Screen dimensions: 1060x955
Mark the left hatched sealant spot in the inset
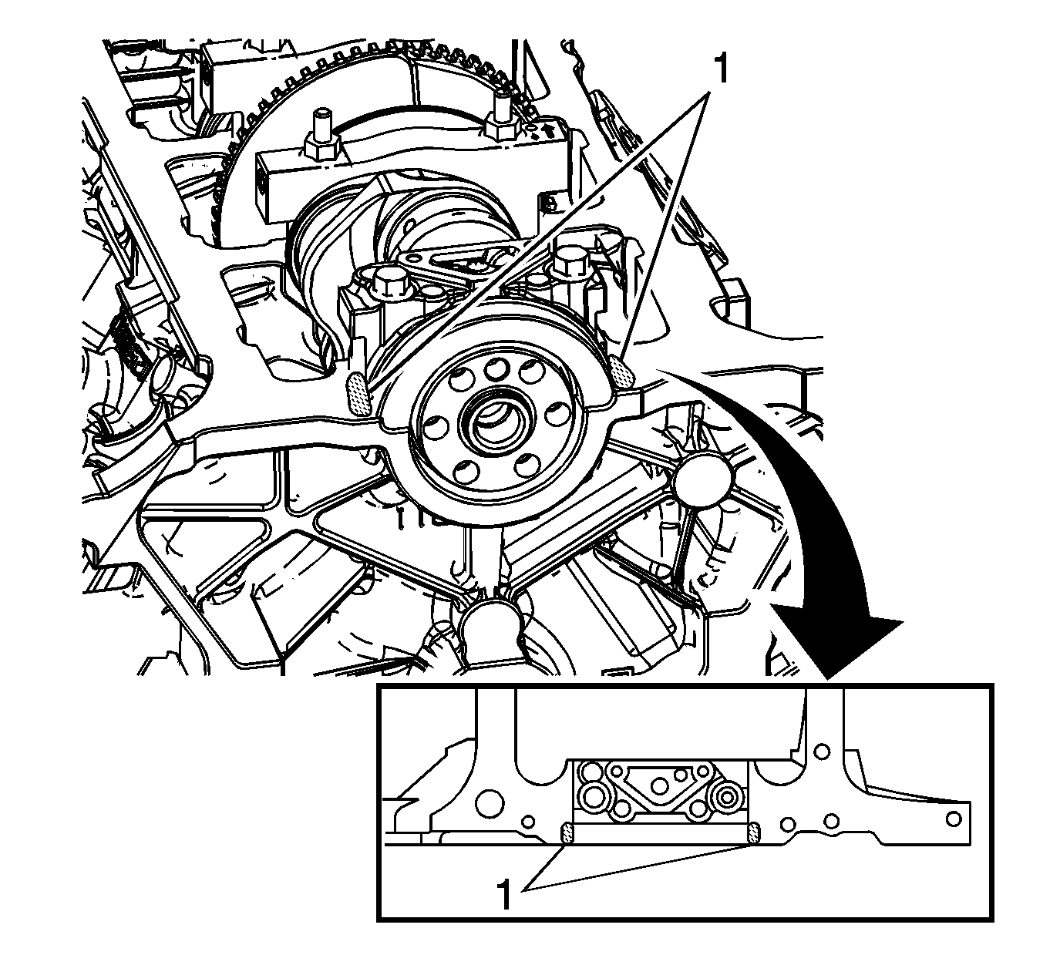click(567, 833)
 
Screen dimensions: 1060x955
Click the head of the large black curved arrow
click(840, 642)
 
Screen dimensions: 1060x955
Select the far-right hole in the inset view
click(954, 819)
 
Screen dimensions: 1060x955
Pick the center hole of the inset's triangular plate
click(660, 786)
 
